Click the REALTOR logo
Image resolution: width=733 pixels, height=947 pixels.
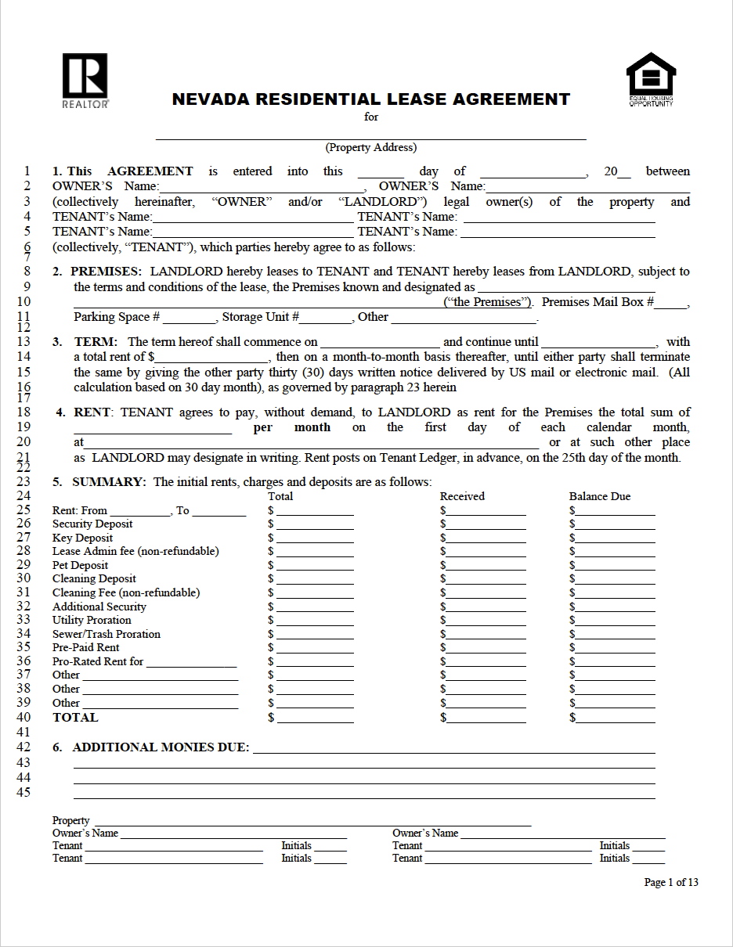(x=85, y=80)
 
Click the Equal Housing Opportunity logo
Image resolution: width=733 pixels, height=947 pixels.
(x=651, y=79)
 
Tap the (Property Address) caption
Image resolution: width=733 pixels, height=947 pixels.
(x=370, y=147)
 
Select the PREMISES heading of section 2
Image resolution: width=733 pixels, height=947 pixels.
(x=106, y=272)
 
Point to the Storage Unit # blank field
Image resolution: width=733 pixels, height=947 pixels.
(x=326, y=318)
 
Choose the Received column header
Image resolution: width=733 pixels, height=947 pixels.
(x=462, y=496)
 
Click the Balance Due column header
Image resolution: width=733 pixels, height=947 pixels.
(x=599, y=496)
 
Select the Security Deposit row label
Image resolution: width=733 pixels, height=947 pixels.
(x=92, y=524)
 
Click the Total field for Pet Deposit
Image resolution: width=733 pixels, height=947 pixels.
(x=315, y=566)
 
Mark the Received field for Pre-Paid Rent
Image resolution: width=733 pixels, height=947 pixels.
(x=486, y=648)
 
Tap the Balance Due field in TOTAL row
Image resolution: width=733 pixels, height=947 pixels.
(x=616, y=718)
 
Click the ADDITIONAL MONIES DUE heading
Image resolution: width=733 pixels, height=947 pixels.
(x=161, y=747)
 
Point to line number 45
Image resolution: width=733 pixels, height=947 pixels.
(x=23, y=792)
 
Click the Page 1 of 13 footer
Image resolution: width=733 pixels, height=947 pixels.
(x=670, y=882)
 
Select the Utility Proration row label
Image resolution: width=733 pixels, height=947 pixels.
(x=92, y=621)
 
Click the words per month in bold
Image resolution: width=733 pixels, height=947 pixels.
(x=291, y=427)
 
